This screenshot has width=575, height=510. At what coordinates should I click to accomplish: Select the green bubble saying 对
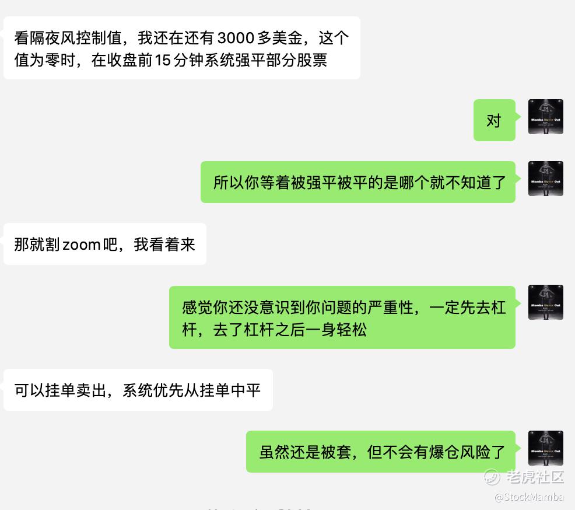click(x=494, y=120)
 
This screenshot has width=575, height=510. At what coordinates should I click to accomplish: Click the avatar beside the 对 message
click(x=545, y=117)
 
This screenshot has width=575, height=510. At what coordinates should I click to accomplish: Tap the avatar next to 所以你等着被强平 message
click(x=545, y=179)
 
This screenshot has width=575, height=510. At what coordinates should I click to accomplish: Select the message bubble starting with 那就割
click(x=105, y=244)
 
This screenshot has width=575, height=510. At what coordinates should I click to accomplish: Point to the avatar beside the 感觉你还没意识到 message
click(x=545, y=302)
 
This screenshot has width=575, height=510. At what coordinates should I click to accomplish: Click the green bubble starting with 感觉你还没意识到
click(x=342, y=317)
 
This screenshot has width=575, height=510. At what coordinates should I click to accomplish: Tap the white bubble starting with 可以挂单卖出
click(x=138, y=390)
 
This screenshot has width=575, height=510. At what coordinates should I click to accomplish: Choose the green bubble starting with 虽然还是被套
click(x=381, y=452)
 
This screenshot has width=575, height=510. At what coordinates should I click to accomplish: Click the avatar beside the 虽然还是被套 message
click(x=545, y=448)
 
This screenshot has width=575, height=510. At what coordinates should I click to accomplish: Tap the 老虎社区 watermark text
click(x=535, y=477)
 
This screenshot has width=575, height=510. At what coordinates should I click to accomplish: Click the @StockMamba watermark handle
click(x=529, y=497)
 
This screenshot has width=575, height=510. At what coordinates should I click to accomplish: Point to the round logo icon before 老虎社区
click(x=492, y=477)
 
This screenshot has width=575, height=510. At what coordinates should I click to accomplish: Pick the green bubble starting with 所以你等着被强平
click(x=358, y=182)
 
